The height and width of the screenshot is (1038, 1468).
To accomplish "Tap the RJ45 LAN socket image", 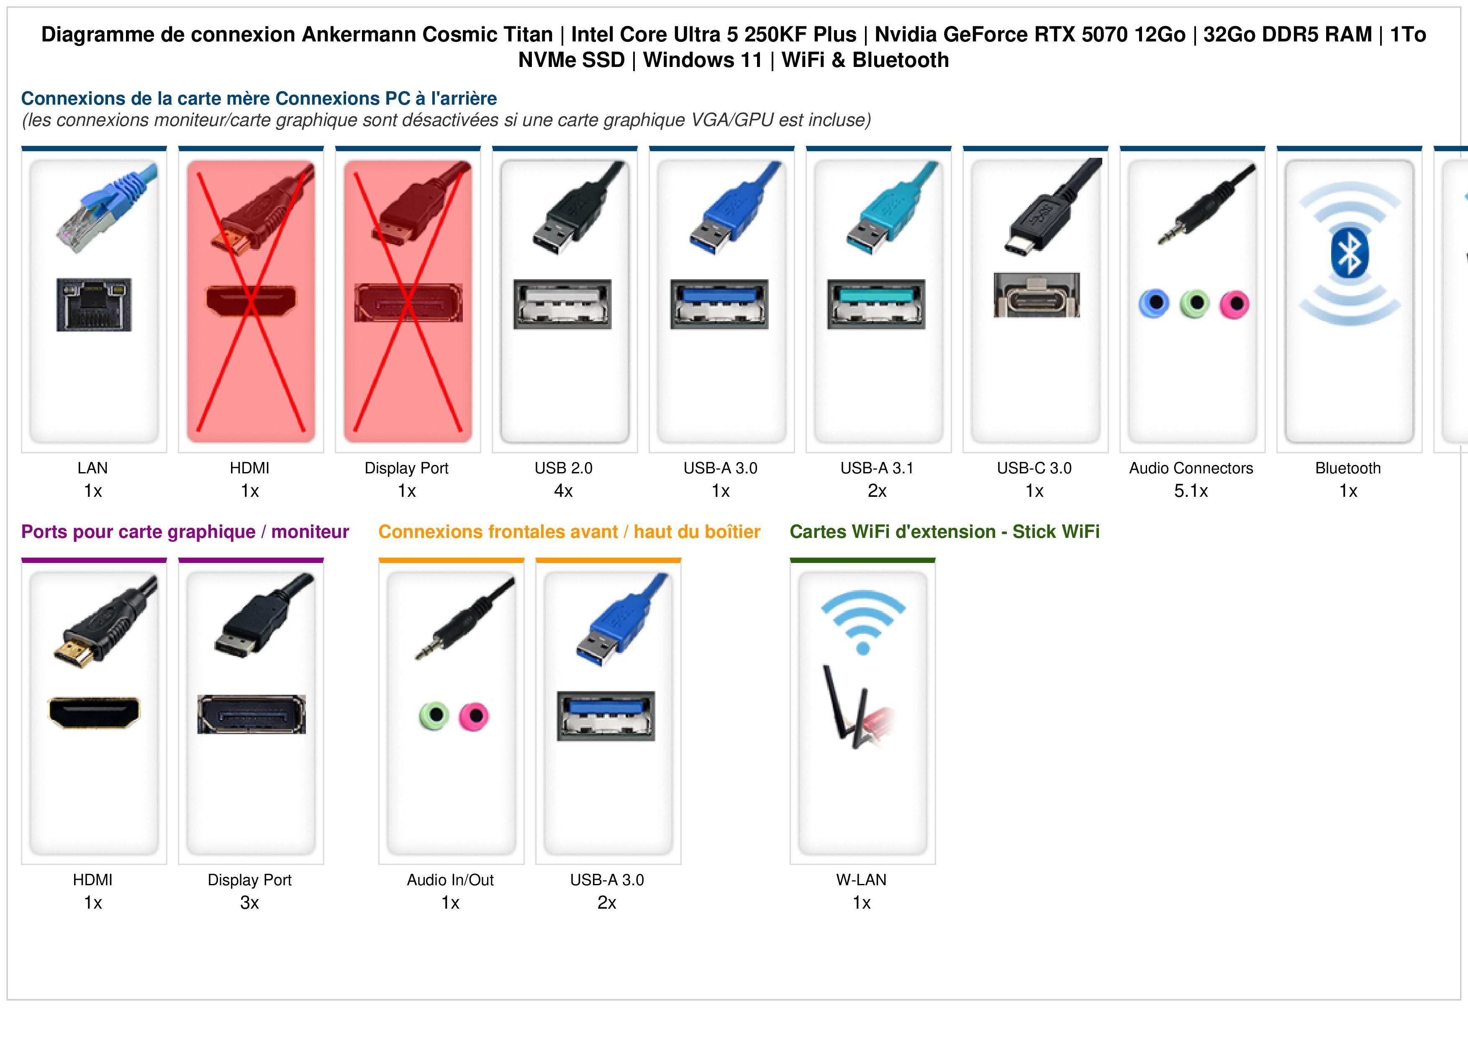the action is [94, 304].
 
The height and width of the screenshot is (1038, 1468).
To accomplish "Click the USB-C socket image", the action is [1037, 295].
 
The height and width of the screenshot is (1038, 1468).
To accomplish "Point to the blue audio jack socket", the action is [1154, 303].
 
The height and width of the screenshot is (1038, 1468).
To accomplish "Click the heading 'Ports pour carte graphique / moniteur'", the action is [185, 532].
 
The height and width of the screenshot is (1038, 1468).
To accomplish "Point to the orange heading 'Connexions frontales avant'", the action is [498, 532].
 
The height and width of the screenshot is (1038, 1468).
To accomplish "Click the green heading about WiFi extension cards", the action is [944, 532].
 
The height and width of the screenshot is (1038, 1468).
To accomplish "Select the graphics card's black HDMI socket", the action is [94, 712].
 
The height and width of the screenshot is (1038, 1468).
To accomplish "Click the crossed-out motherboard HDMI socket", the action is [251, 301].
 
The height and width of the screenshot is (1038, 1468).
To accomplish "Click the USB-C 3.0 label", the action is [1034, 468].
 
